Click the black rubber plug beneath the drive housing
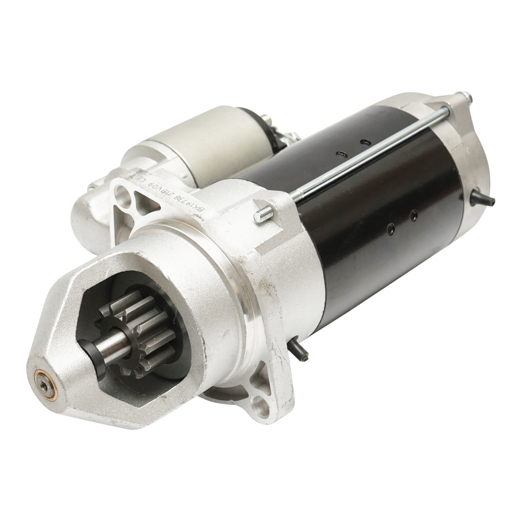pos(299,350)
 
